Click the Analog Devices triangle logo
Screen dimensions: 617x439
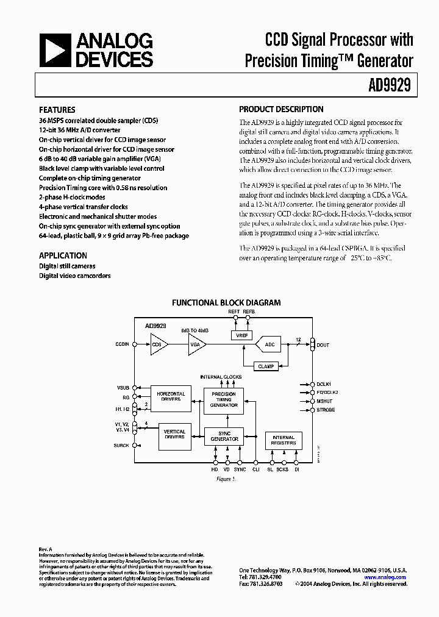[55, 50]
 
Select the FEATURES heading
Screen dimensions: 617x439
[57, 110]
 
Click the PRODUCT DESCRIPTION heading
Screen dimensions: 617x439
[281, 110]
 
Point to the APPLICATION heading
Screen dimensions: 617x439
[63, 255]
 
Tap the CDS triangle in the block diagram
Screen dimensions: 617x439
[158, 344]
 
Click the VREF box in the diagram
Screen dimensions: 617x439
[241, 335]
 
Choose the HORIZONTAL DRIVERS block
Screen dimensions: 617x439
[171, 396]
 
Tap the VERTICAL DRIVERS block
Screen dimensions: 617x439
[174, 435]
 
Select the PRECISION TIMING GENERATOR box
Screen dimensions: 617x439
[224, 399]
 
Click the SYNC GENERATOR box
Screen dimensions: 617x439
[224, 436]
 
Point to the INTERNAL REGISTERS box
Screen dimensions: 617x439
[284, 440]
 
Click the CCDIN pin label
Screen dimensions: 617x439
[122, 344]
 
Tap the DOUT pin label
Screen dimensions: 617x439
[323, 345]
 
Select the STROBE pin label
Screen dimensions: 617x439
[325, 410]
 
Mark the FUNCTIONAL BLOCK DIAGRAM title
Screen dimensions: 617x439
[226, 302]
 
